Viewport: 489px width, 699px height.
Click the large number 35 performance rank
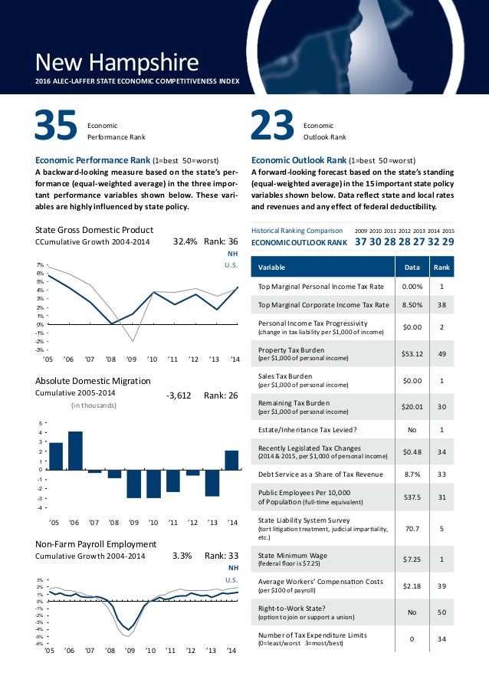click(57, 128)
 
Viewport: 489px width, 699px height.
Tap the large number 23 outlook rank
click(273, 128)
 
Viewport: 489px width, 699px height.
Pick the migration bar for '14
click(231, 460)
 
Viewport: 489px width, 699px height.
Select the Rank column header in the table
click(442, 267)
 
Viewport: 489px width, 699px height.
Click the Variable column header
click(273, 267)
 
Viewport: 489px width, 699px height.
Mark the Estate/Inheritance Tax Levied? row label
click(307, 429)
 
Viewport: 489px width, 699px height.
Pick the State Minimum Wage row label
click(294, 555)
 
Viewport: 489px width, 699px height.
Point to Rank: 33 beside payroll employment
click(222, 556)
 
